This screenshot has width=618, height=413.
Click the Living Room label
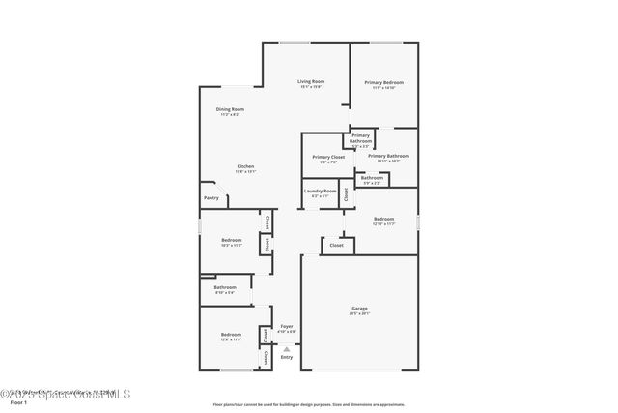pos(310,82)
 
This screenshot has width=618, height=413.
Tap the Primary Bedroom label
pos(383,83)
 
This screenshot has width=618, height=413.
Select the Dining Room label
pos(230,110)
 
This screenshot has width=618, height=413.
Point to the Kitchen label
pos(246,166)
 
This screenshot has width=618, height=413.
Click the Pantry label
pos(211,198)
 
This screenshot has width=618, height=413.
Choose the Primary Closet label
pos(328,157)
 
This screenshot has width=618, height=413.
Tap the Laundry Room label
pos(320,192)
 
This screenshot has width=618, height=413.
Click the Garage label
pos(359,310)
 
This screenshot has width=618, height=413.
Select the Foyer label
pos(286,327)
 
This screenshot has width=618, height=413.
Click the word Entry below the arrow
pos(286,357)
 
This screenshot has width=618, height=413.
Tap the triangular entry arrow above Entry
pos(286,348)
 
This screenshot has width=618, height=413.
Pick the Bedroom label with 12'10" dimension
pos(383,220)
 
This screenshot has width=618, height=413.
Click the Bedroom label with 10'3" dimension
pos(231,240)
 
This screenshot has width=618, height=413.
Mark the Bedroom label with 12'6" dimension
pos(231,335)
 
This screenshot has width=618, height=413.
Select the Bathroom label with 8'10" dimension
pos(225,287)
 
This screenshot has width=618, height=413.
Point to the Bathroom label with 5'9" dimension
pos(372,178)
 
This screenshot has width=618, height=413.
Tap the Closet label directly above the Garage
pos(336,246)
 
